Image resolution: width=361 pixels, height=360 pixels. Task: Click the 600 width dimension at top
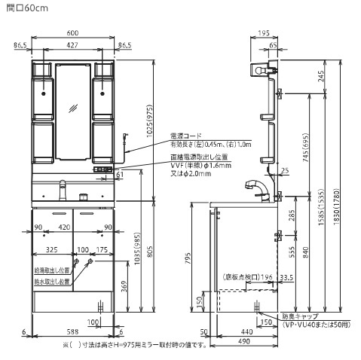72,34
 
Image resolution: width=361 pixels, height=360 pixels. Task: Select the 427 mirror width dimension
72,45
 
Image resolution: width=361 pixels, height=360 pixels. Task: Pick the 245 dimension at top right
321,76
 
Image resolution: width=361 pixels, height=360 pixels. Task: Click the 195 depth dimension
263,34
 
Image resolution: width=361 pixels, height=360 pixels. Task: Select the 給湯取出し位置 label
53,270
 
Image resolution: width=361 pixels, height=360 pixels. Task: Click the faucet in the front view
63,188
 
